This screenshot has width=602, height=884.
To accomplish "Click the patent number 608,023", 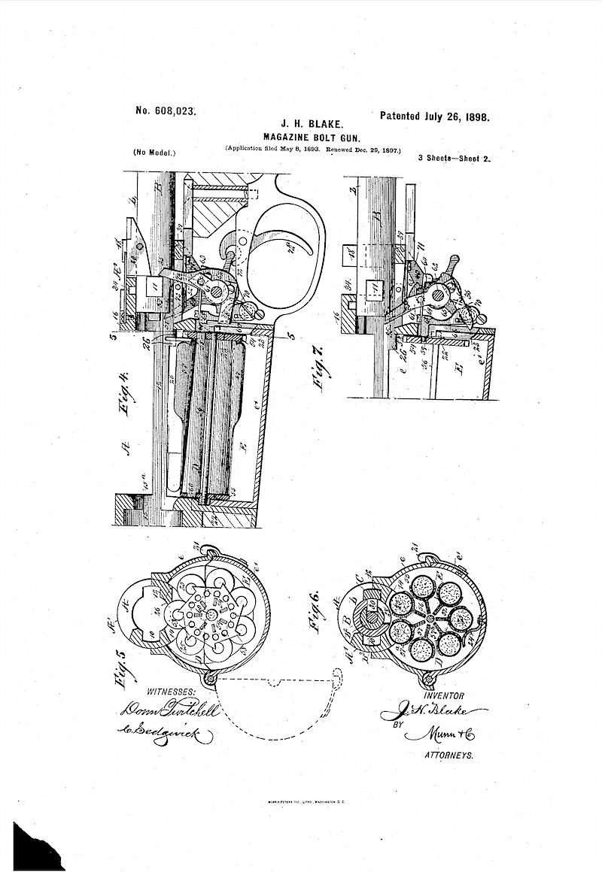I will (x=165, y=110).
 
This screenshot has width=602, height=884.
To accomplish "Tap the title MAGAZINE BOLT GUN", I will (x=310, y=137).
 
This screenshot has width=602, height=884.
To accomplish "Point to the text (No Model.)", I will (x=154, y=152).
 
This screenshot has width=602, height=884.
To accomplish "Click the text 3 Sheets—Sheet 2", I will (x=454, y=159).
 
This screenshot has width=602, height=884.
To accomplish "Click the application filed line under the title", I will (x=312, y=150).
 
